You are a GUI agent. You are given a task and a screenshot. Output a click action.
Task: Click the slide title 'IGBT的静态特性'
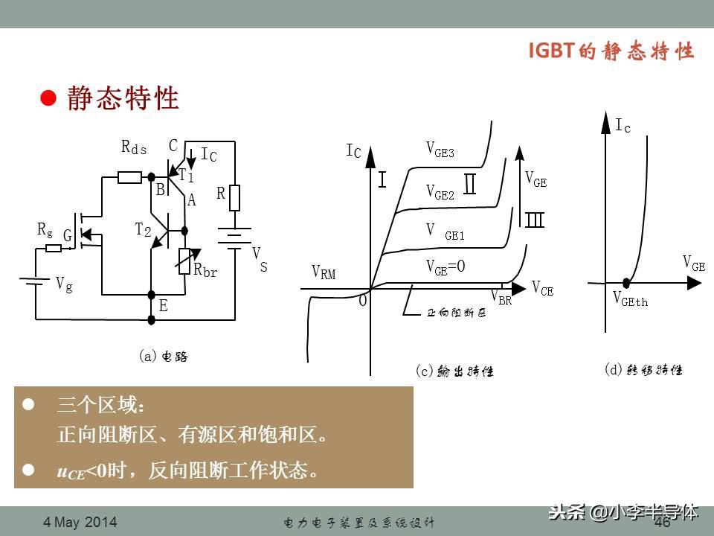click(x=611, y=51)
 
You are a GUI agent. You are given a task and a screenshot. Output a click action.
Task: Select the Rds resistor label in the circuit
click(x=134, y=147)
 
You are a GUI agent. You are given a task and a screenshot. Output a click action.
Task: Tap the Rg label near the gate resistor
click(x=45, y=229)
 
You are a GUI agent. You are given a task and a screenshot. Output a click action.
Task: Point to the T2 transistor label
click(x=143, y=230)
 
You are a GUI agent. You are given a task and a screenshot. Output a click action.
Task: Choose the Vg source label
click(x=64, y=284)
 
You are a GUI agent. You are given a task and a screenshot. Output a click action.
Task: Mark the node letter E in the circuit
click(x=163, y=306)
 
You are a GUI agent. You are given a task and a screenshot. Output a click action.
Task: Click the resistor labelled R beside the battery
click(x=234, y=198)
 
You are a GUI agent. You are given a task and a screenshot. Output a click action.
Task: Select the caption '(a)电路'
click(x=164, y=357)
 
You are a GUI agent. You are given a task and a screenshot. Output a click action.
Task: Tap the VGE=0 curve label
click(x=446, y=267)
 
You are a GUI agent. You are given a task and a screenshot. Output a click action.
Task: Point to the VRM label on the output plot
click(x=324, y=273)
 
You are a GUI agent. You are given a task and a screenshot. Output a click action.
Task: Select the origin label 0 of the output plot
click(x=363, y=301)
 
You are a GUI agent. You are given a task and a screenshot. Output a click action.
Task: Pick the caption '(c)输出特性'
click(x=454, y=371)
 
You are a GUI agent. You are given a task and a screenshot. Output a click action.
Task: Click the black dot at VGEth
click(x=627, y=283)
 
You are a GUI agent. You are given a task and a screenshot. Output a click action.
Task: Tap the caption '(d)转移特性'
click(x=643, y=369)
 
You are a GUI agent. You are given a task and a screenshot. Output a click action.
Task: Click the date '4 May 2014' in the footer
click(x=80, y=522)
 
